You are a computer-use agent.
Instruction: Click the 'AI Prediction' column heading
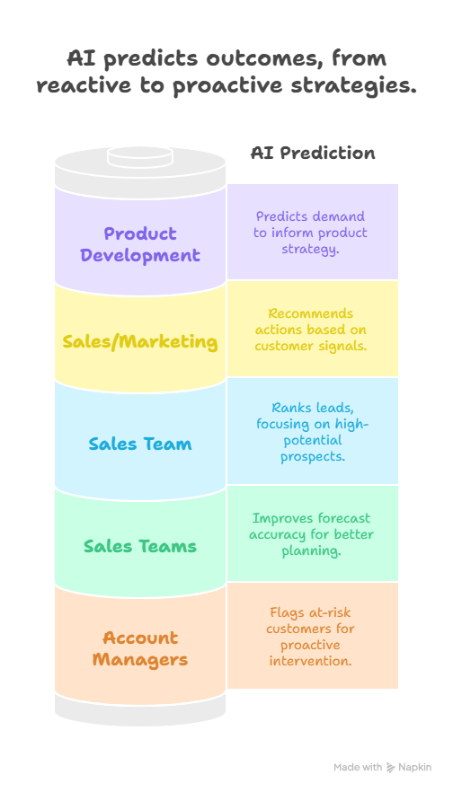313,153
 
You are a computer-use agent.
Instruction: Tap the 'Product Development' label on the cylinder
140,244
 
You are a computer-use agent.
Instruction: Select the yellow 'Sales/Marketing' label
140,342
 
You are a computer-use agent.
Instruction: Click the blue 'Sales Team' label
140,444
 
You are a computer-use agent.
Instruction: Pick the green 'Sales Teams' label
140,546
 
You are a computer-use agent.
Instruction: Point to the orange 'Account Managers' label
140,648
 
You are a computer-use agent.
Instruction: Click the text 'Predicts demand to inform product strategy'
310,233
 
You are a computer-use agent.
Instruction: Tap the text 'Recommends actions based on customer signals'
310,330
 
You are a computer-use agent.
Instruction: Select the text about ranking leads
313,432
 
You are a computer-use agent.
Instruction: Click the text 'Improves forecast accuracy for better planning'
312,534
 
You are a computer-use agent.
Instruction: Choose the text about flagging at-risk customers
310,637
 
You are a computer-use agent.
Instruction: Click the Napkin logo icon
391,767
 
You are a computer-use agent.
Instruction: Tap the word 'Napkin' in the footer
414,767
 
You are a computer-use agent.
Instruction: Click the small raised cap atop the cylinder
140,156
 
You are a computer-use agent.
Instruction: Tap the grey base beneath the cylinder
140,709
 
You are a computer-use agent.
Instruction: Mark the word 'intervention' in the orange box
310,661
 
